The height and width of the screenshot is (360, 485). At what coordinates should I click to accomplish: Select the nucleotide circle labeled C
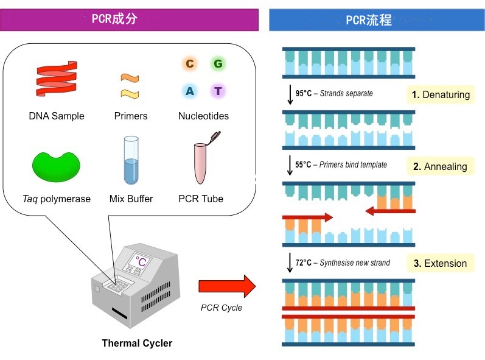tap(189, 63)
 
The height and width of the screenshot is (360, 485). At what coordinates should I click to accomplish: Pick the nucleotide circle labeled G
tap(217, 63)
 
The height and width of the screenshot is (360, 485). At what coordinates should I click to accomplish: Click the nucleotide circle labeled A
tap(190, 91)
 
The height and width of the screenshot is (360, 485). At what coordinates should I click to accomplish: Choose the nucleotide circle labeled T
tap(218, 91)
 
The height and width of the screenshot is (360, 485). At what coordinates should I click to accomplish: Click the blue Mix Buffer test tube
tap(131, 161)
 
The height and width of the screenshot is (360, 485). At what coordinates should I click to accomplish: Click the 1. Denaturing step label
tap(441, 94)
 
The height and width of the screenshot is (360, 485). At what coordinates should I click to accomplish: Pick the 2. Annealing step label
tap(440, 166)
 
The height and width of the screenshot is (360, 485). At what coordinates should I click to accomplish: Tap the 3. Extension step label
tap(440, 263)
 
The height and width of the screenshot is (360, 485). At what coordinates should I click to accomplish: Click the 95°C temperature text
tap(304, 94)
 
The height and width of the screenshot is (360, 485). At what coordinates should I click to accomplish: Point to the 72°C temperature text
tap(304, 263)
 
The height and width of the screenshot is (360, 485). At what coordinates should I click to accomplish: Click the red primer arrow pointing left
tap(389, 211)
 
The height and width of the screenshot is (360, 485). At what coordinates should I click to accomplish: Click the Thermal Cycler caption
tap(137, 343)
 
